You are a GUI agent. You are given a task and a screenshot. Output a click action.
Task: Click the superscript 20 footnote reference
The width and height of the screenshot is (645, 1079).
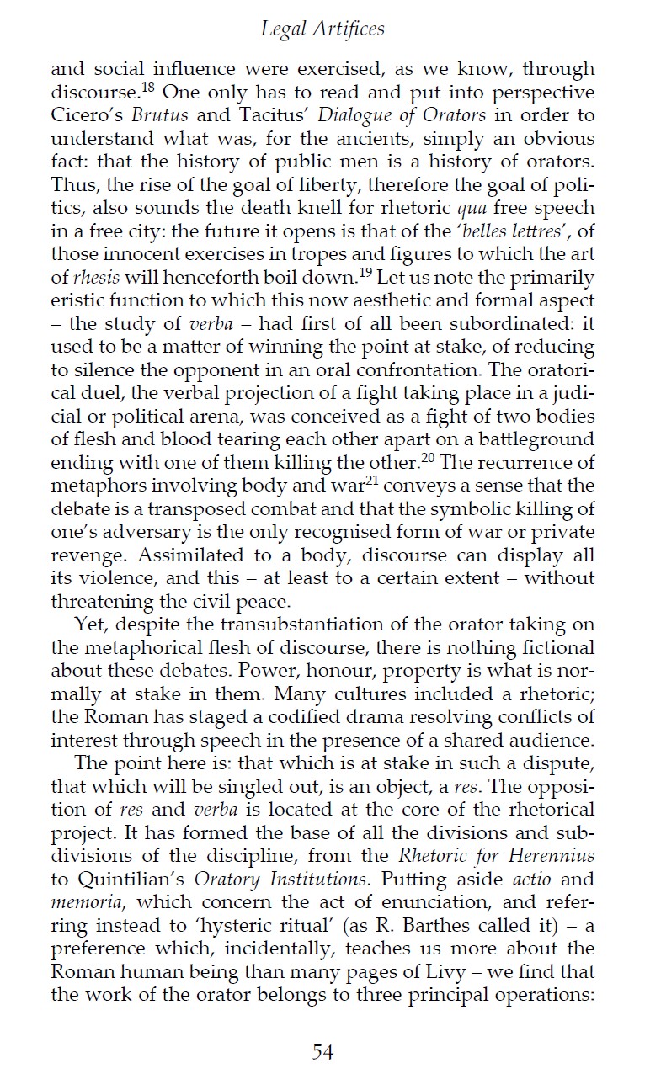point(429,457)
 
